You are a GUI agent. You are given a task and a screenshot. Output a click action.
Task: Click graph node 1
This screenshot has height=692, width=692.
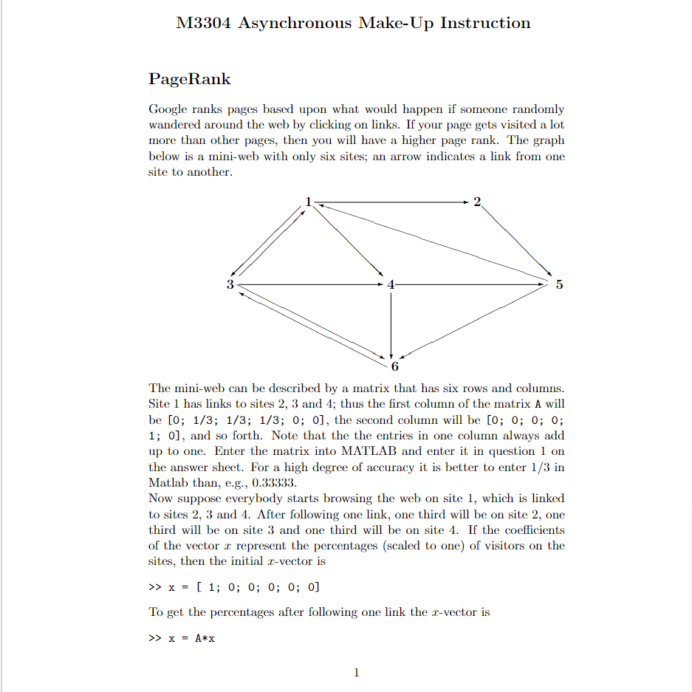tap(309, 201)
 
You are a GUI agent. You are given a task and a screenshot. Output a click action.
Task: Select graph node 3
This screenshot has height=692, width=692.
tap(230, 284)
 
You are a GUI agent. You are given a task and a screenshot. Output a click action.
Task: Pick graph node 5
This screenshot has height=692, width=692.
tap(558, 284)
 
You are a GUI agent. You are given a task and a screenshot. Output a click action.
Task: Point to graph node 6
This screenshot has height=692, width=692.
tap(394, 366)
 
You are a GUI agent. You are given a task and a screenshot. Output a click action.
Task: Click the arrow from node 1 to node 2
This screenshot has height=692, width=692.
tap(391, 202)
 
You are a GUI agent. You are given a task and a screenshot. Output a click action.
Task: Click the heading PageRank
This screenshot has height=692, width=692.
tap(190, 79)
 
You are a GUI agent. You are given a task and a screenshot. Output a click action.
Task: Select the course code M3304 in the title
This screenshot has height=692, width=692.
tap(204, 23)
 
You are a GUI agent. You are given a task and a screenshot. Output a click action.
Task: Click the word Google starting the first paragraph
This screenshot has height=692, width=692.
tap(168, 109)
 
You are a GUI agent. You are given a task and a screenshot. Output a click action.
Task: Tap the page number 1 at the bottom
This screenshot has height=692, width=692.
tap(356, 672)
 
